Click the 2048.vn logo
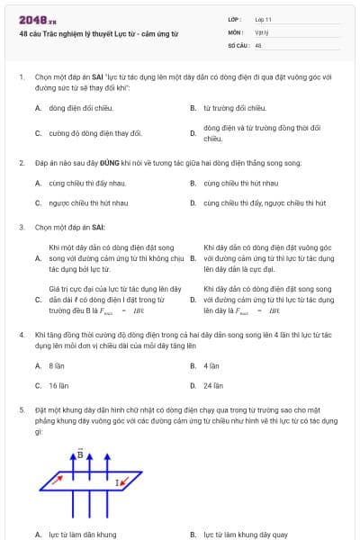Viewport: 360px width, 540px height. tap(37, 20)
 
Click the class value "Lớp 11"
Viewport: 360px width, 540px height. tap(264, 19)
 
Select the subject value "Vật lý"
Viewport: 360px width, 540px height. tap(262, 31)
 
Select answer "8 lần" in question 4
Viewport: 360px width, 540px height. tap(57, 366)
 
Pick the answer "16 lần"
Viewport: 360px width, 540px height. tap(58, 385)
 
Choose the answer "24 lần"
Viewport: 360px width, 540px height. tap(213, 385)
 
